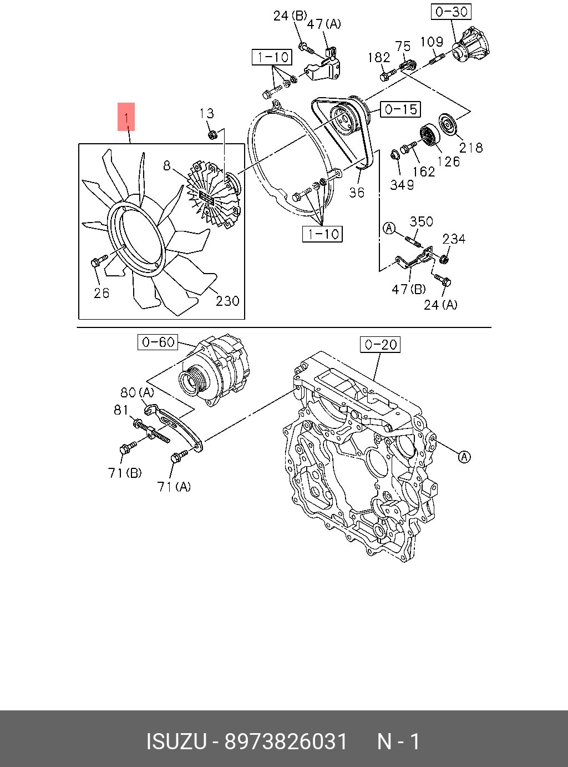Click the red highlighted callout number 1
pos(126,117)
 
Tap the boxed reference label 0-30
pos(452,12)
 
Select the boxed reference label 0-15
pos(400,109)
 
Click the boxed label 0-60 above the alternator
pos(158,342)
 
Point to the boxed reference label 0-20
pos(380,345)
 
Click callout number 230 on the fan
pos(227,301)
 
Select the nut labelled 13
pos(211,134)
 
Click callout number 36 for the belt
pos(356,192)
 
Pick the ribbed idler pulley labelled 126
pos(429,135)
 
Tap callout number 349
pos(402,185)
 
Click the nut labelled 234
pos(444,259)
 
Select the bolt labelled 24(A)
pos(443,280)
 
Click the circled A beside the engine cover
pos(464,457)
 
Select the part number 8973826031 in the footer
pos(286,741)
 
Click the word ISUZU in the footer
pos(176,741)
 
